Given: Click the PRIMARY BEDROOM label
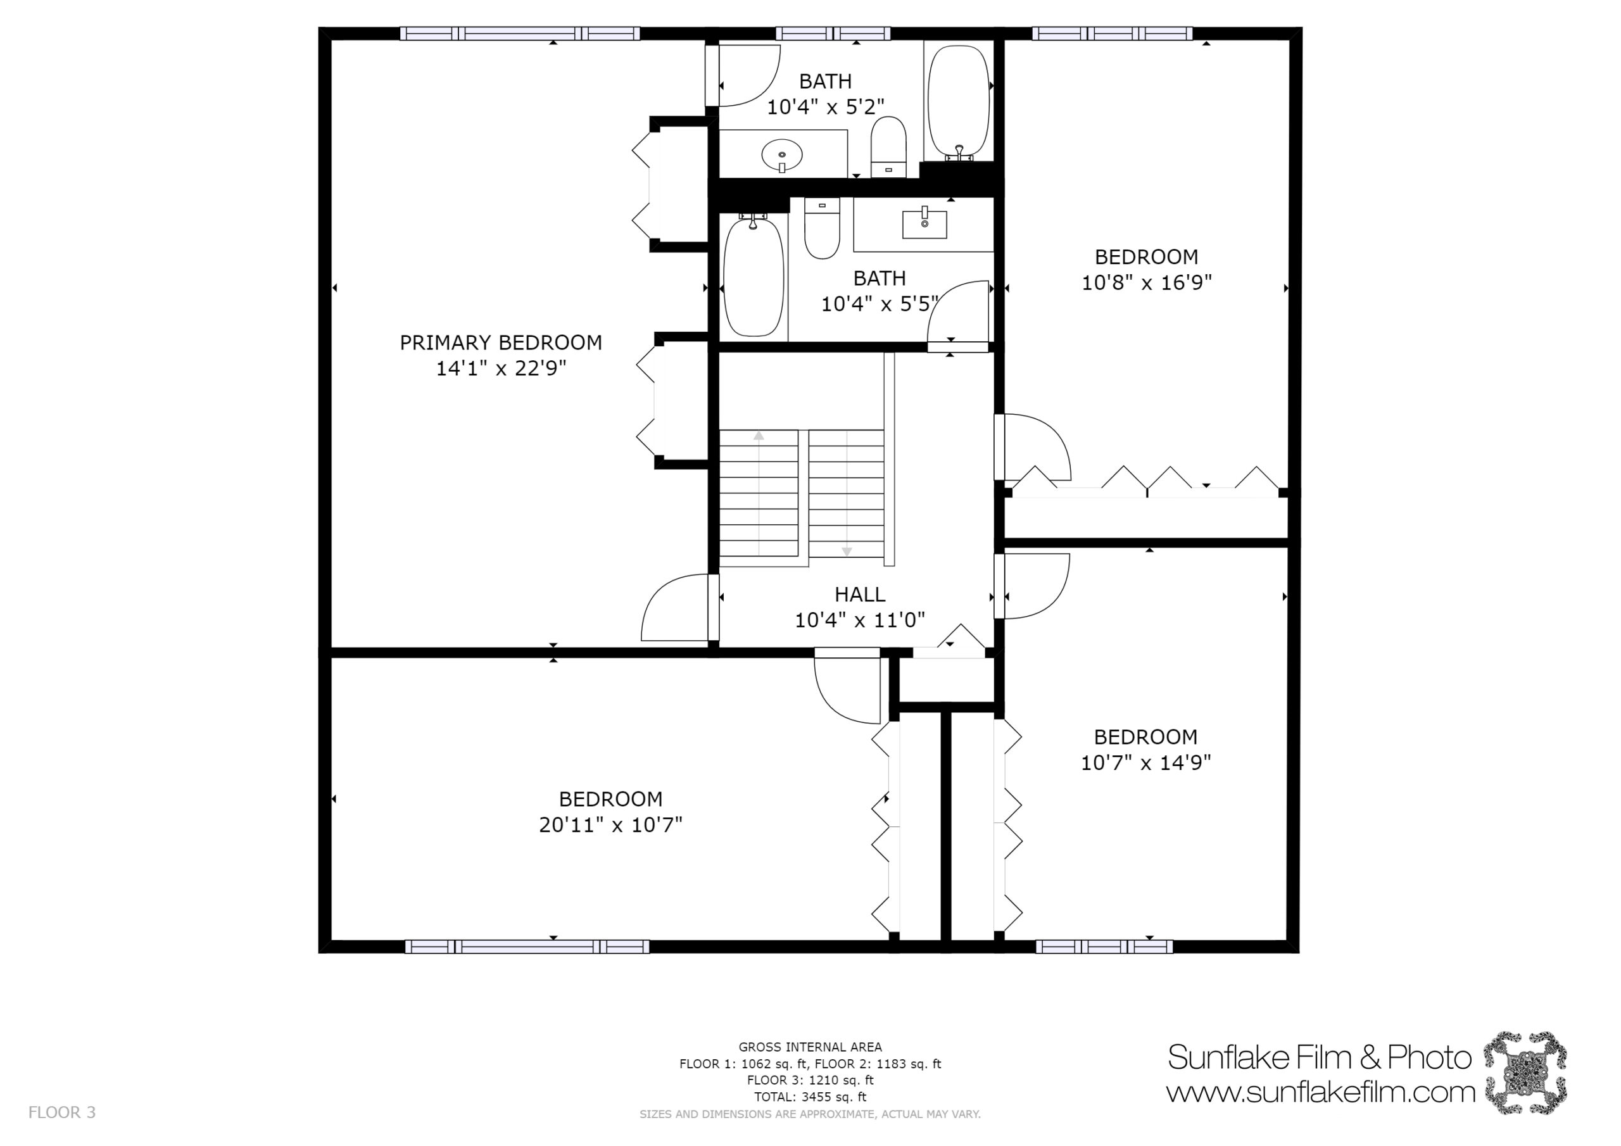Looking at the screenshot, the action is coord(501,343).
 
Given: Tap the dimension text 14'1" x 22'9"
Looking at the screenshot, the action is coord(501,368).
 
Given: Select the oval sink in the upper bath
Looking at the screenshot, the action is coord(782,155).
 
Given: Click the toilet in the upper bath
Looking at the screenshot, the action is coord(888,146).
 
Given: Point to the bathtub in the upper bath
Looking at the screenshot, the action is coord(958,104).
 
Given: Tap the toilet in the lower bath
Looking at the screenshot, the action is coord(822,228).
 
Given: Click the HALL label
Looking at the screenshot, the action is coord(860,595).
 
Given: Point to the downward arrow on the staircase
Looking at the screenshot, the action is coord(847,551).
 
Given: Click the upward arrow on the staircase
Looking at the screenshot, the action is coord(759,436).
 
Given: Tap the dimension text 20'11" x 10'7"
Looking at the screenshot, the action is coord(610,825).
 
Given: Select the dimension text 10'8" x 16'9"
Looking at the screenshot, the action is coord(1147,282).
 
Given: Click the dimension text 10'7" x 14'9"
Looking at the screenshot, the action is coord(1146,762).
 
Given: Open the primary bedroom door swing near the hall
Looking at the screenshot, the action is coord(674,607).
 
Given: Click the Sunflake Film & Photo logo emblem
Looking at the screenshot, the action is coord(1524,1073).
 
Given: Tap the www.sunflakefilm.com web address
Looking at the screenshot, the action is coord(1320,1092).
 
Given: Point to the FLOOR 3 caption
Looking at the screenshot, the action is coord(62,1113).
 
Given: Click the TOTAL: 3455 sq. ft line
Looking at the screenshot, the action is coord(810,1097).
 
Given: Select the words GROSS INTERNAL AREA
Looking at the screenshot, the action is coord(810,1047).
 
